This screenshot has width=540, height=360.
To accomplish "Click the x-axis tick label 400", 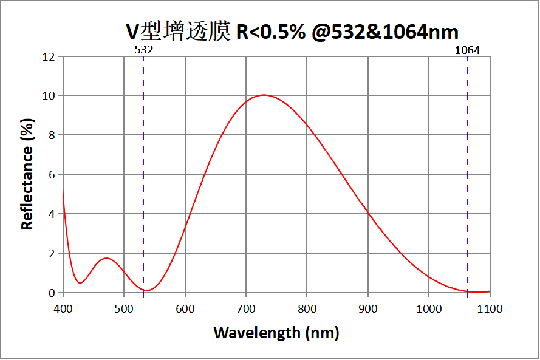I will [x=63, y=308].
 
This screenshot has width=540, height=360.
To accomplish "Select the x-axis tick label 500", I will [x=124, y=308].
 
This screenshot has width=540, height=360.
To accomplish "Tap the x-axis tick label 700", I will [x=246, y=308].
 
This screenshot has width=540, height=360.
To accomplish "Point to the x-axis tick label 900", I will [x=368, y=308].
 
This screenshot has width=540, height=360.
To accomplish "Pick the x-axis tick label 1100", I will [x=490, y=308].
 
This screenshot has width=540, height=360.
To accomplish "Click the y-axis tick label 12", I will [x=49, y=57].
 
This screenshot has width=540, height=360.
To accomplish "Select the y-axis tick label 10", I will [x=49, y=96].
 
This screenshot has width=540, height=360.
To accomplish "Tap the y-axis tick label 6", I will [x=52, y=175].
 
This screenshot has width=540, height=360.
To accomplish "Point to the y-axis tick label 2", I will [x=52, y=254].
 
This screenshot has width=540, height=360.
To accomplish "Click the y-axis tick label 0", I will [x=52, y=293].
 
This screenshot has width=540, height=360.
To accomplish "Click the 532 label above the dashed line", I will [x=143, y=50].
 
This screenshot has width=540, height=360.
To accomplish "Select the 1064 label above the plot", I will [x=467, y=50].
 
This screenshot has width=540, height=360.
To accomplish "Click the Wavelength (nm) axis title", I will [x=276, y=333].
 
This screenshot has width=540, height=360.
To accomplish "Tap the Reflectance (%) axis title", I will [x=27, y=175].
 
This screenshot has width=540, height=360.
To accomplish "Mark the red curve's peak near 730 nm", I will [x=263, y=95].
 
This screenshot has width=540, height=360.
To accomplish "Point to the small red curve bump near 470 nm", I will [x=106, y=258].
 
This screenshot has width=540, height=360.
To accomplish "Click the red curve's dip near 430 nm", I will [x=80, y=282].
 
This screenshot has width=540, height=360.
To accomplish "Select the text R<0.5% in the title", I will [x=270, y=32].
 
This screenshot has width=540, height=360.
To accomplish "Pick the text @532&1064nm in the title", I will [x=384, y=32].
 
